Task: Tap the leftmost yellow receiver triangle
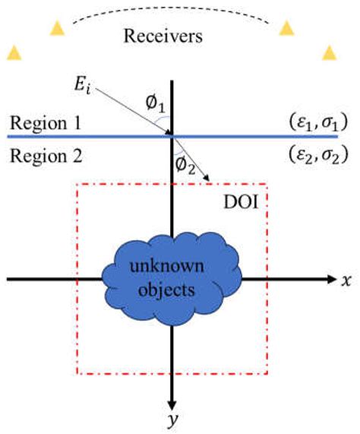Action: [14, 52]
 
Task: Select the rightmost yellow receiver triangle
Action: [330, 52]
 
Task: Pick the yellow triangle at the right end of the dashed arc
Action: [286, 28]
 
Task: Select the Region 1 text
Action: [41, 123]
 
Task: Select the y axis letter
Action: [174, 420]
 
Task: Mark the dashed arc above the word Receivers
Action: [172, 11]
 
